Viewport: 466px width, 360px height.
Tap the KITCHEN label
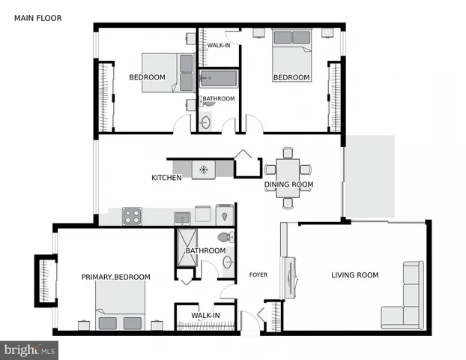pos(166,178)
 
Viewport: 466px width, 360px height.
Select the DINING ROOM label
pos(288,184)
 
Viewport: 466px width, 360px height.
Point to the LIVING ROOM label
pos(355,275)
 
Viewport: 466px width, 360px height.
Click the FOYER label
pos(258,275)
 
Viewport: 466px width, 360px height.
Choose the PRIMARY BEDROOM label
pos(115,277)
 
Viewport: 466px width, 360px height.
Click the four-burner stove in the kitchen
pos(133,216)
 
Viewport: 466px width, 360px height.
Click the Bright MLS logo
pos(29,349)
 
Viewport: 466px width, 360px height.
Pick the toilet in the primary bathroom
pos(224,237)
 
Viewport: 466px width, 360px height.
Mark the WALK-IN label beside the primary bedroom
pos(205,316)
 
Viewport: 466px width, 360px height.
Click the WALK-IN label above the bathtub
pos(219,46)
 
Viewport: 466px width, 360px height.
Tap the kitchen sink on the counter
pos(182,217)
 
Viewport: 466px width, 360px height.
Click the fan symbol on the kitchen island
pos(203,169)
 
